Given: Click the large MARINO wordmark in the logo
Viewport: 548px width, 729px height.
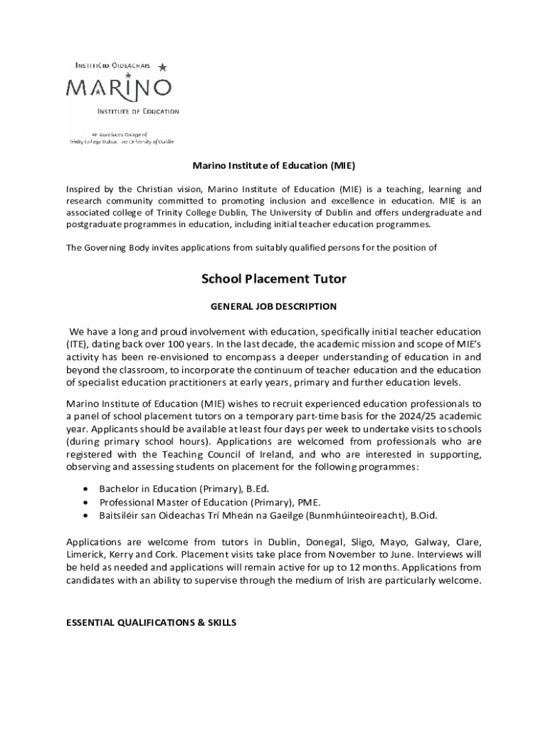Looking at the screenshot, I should click(119, 88).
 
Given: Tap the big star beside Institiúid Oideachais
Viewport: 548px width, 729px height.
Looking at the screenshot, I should click(162, 68).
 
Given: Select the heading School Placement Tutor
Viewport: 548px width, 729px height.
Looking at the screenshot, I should click(274, 279).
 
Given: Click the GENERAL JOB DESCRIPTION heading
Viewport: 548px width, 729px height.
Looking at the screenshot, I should click(274, 307).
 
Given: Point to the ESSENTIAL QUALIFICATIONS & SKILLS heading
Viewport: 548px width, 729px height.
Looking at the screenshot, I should click(151, 622).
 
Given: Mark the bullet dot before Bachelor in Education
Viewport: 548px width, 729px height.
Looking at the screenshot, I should click(85, 489).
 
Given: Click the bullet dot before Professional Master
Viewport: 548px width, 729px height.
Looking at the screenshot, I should click(85, 502).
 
